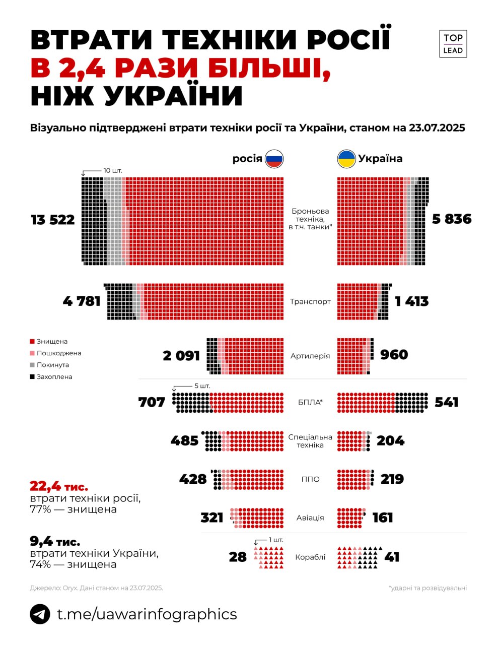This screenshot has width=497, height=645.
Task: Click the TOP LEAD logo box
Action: (453, 44)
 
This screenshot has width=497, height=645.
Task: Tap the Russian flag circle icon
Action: (274, 159)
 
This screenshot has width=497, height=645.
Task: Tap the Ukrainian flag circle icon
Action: (346, 159)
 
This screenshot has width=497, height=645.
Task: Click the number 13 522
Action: (53, 220)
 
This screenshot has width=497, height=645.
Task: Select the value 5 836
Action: (452, 219)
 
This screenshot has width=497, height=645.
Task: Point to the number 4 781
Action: (82, 301)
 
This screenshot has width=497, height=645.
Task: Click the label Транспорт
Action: (310, 301)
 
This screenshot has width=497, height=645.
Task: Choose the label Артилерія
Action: (310, 356)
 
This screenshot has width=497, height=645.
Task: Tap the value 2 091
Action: (181, 356)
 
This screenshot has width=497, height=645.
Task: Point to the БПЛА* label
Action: (310, 402)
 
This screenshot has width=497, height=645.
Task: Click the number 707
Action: (152, 402)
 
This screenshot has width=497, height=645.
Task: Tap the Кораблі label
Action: (310, 557)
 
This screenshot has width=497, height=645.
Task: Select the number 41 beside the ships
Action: (392, 557)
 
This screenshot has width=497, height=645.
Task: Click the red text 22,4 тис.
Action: (59, 486)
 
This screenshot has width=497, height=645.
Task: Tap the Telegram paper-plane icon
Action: (40, 614)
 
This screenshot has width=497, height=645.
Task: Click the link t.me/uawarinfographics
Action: (147, 614)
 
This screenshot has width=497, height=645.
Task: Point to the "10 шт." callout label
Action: (113, 170)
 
